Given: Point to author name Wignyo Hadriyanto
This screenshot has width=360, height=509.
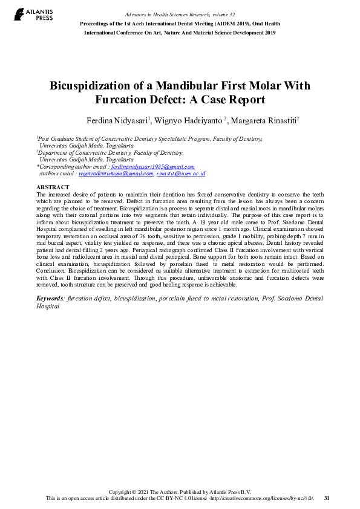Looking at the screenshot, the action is (188, 121).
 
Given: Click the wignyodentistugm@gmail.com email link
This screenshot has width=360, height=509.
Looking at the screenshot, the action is (116, 173).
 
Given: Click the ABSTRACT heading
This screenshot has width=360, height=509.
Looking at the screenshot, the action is (53, 187).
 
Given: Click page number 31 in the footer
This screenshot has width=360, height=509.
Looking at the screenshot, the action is (327, 498).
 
